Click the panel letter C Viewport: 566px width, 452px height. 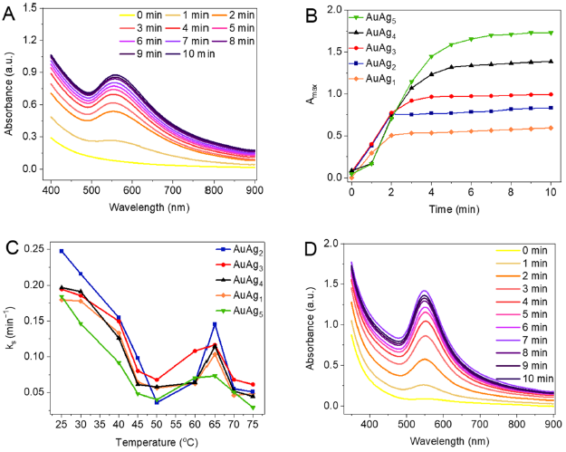coord(12,238)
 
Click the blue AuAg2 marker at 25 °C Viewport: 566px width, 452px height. coord(61,251)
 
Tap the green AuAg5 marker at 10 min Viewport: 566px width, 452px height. coord(552,33)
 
